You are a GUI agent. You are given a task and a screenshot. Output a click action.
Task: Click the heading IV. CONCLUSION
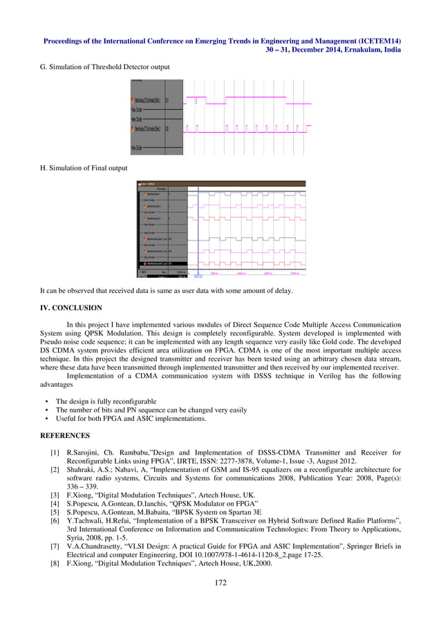click(71, 308)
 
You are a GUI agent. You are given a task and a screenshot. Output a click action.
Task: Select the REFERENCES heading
click(64, 436)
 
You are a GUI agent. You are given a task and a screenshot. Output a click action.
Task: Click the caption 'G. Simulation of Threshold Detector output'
click(105, 66)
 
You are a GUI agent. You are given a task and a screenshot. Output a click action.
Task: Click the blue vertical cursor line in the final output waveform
click(198, 228)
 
